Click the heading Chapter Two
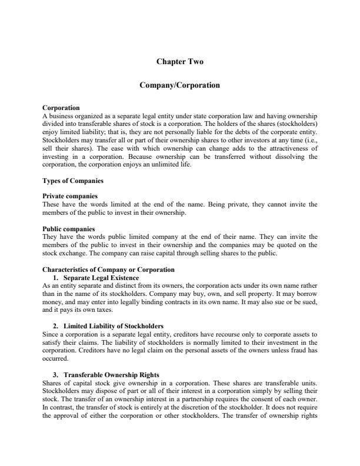179,61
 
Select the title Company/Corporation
179,85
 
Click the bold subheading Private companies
70,195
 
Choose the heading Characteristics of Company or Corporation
108,269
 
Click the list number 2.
55,325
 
